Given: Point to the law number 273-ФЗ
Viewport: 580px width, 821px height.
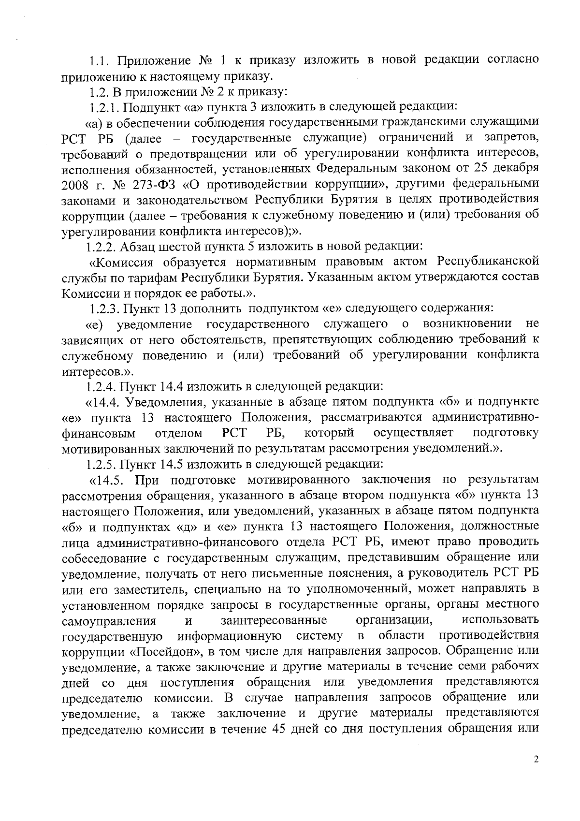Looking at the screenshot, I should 135,184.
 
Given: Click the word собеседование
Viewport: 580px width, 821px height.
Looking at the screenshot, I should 101,558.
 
